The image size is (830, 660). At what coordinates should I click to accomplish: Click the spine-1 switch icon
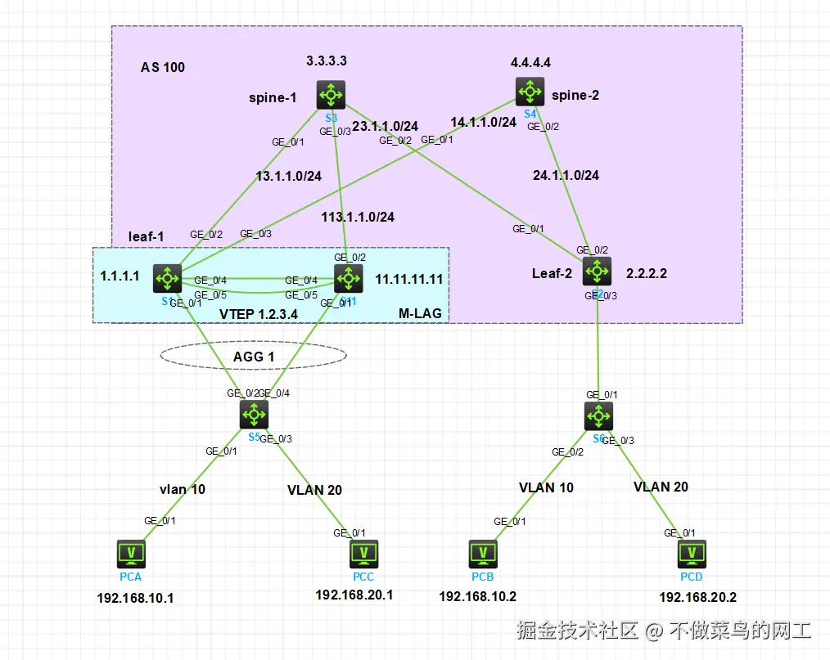(332, 94)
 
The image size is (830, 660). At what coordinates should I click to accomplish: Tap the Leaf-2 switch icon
(597, 271)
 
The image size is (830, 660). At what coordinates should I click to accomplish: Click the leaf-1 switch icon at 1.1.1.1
(168, 278)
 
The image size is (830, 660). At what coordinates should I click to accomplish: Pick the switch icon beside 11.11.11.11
(349, 278)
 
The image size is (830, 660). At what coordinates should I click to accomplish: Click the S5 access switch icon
(254, 415)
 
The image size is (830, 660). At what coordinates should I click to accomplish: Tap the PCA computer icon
(131, 554)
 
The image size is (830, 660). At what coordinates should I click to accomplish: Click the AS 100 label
(163, 67)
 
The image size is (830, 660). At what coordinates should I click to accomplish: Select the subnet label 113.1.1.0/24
(357, 217)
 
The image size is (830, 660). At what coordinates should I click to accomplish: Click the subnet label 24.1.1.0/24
(566, 175)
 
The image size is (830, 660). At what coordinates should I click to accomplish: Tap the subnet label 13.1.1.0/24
(288, 175)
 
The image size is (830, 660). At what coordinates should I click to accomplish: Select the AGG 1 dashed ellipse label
(254, 356)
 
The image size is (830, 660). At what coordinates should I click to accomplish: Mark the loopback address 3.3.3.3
(326, 61)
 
